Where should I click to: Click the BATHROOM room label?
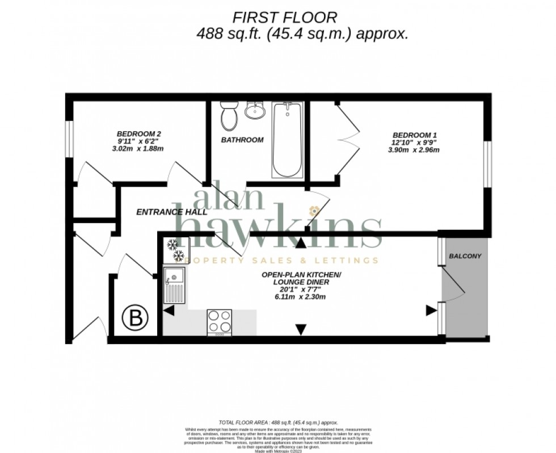coord(242,140)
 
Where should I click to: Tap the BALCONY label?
coord(465,256)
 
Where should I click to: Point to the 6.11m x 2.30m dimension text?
coord(301,296)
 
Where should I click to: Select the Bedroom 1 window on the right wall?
coord(486,163)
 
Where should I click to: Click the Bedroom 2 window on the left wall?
coord(69,137)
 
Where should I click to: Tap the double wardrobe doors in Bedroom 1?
coord(347,139)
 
